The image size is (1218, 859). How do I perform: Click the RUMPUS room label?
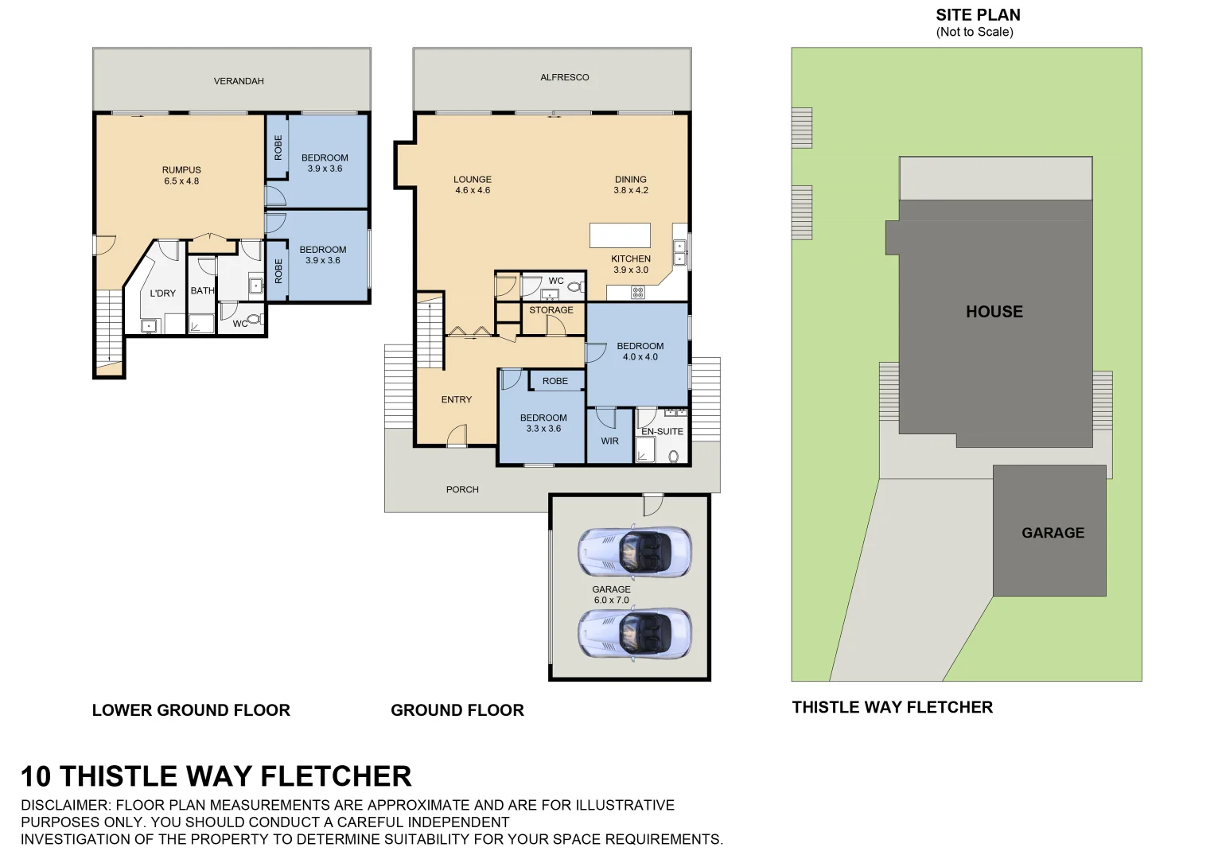(181, 169)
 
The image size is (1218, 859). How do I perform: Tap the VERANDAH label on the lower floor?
(239, 81)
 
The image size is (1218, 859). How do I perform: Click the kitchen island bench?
(620, 235)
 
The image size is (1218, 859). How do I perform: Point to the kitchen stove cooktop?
(638, 292)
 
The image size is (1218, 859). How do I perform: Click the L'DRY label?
(163, 293)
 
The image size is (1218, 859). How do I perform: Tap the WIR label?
(610, 441)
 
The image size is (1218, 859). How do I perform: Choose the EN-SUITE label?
(662, 431)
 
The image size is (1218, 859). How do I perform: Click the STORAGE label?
(551, 310)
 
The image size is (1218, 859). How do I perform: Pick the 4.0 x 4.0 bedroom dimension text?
(640, 357)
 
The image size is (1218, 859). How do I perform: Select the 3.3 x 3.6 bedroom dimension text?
(543, 429)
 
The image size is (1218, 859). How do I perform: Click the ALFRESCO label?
(565, 77)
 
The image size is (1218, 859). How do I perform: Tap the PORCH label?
(462, 489)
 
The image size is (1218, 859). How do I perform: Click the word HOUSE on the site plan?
(994, 312)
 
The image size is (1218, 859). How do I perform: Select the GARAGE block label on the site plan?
(1053, 533)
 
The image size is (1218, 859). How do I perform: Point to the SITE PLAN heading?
(978, 14)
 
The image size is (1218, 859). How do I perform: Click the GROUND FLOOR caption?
(457, 710)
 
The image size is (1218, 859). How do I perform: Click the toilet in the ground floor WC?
(576, 286)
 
